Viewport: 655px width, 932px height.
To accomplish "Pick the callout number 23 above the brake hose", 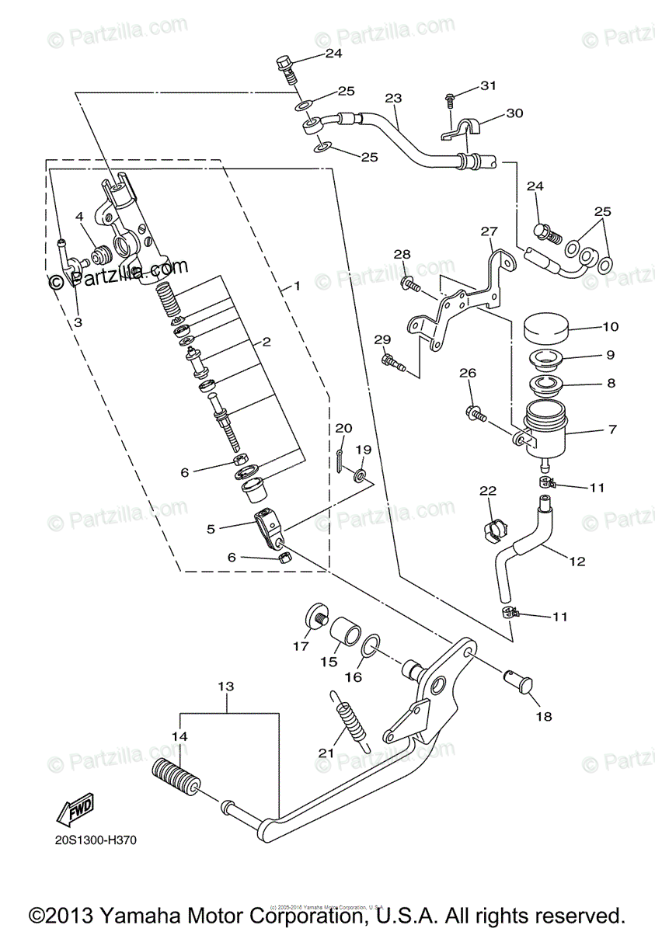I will (x=393, y=99).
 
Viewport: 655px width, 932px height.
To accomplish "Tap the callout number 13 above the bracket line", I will (x=225, y=687).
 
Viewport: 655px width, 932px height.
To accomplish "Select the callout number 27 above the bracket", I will (x=488, y=231).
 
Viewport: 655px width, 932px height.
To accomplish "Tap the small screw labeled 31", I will (x=451, y=99).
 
